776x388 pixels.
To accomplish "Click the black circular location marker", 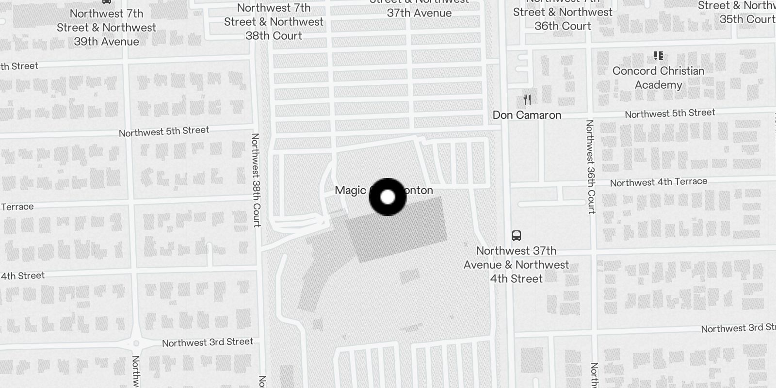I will (x=388, y=197).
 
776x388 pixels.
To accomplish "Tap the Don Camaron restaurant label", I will (x=527, y=115).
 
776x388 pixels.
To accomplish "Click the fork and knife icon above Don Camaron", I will (x=527, y=100).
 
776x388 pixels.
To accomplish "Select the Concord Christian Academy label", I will (x=658, y=78).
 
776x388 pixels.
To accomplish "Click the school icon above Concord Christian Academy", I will (x=658, y=56).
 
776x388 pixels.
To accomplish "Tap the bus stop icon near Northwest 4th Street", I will (x=516, y=236).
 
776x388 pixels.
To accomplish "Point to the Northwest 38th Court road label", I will (x=256, y=180).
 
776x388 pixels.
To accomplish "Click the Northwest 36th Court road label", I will (x=590, y=166).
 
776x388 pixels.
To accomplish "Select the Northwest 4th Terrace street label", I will (x=658, y=182).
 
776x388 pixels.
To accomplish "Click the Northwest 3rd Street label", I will (x=207, y=342).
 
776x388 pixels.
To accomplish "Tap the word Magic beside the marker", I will (x=350, y=190).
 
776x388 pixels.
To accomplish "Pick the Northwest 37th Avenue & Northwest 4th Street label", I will (x=516, y=265).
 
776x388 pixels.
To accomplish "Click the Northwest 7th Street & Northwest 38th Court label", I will (x=274, y=22).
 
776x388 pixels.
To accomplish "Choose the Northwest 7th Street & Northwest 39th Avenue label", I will (x=106, y=28).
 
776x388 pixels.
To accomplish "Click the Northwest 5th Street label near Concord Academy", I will (x=669, y=113).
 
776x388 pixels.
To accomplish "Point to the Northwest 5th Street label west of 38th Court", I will (x=164, y=131).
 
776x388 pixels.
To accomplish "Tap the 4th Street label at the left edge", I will (x=22, y=276).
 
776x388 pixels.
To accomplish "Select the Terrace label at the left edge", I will (x=17, y=207).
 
